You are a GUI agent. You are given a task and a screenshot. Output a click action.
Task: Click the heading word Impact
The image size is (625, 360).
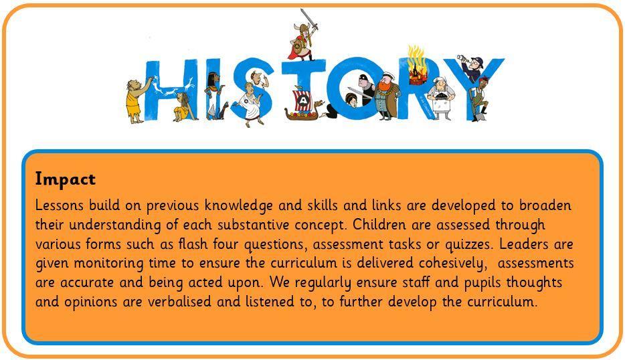tap(66, 180)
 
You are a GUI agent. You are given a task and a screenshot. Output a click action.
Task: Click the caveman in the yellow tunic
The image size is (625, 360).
tap(137, 100)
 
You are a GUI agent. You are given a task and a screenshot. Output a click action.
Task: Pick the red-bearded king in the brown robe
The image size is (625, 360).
tap(387, 96)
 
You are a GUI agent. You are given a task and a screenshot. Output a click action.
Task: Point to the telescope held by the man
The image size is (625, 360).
tap(463, 58)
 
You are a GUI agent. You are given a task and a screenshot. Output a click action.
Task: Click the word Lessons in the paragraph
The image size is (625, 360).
tap(60, 205)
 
